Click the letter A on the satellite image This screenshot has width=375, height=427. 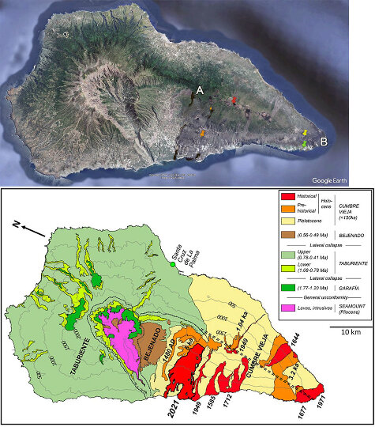[x=200, y=91]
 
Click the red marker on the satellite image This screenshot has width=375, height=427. [x=234, y=100]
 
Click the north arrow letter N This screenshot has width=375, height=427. [x=16, y=225]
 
